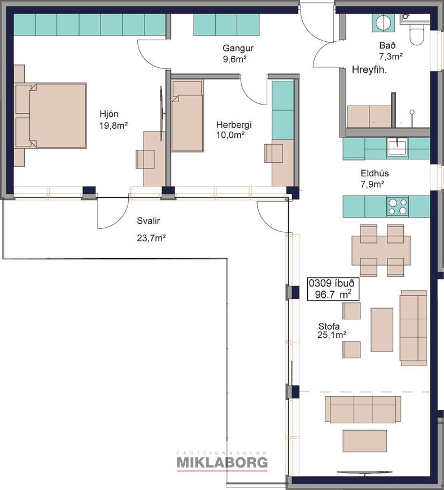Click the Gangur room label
(238, 48)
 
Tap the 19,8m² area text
(114, 125)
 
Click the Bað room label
(387, 45)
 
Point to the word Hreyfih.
(369, 70)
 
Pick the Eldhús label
(375, 174)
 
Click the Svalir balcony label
(149, 221)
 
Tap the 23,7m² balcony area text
(151, 238)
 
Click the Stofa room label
(329, 326)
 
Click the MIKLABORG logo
(222, 462)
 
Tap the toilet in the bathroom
(416, 36)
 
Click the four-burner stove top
(398, 206)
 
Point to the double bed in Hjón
(51, 115)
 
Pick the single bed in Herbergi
(188, 116)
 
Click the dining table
(381, 250)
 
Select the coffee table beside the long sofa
(381, 329)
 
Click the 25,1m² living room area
(332, 335)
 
